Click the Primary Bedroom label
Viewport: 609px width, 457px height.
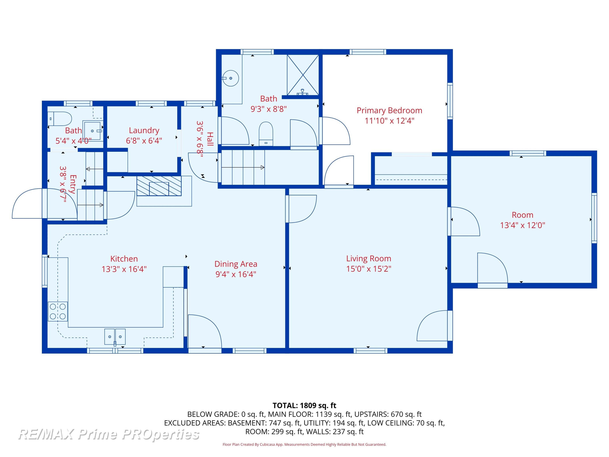[x=389, y=110]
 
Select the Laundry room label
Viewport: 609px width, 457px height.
[x=144, y=131]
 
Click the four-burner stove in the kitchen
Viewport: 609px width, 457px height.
[x=58, y=312]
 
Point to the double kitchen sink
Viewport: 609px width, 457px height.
[x=115, y=337]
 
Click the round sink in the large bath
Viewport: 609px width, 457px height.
[x=230, y=78]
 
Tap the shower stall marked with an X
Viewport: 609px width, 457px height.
[x=303, y=75]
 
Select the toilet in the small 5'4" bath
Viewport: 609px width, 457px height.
[x=60, y=119]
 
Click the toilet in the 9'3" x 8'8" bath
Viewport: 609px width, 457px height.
[x=266, y=134]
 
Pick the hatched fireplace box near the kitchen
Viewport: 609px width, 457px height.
[x=159, y=186]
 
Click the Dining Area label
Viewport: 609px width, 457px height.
[x=236, y=264]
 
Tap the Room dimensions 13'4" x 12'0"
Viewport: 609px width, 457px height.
[x=523, y=225]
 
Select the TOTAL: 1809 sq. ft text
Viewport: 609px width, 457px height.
[x=304, y=405]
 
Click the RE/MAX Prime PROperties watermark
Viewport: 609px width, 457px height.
[x=109, y=434]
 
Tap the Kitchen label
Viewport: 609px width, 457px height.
[x=124, y=259]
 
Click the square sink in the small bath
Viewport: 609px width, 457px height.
[x=93, y=131]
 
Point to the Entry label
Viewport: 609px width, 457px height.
[x=73, y=184]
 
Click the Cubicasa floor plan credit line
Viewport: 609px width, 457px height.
[x=304, y=444]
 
